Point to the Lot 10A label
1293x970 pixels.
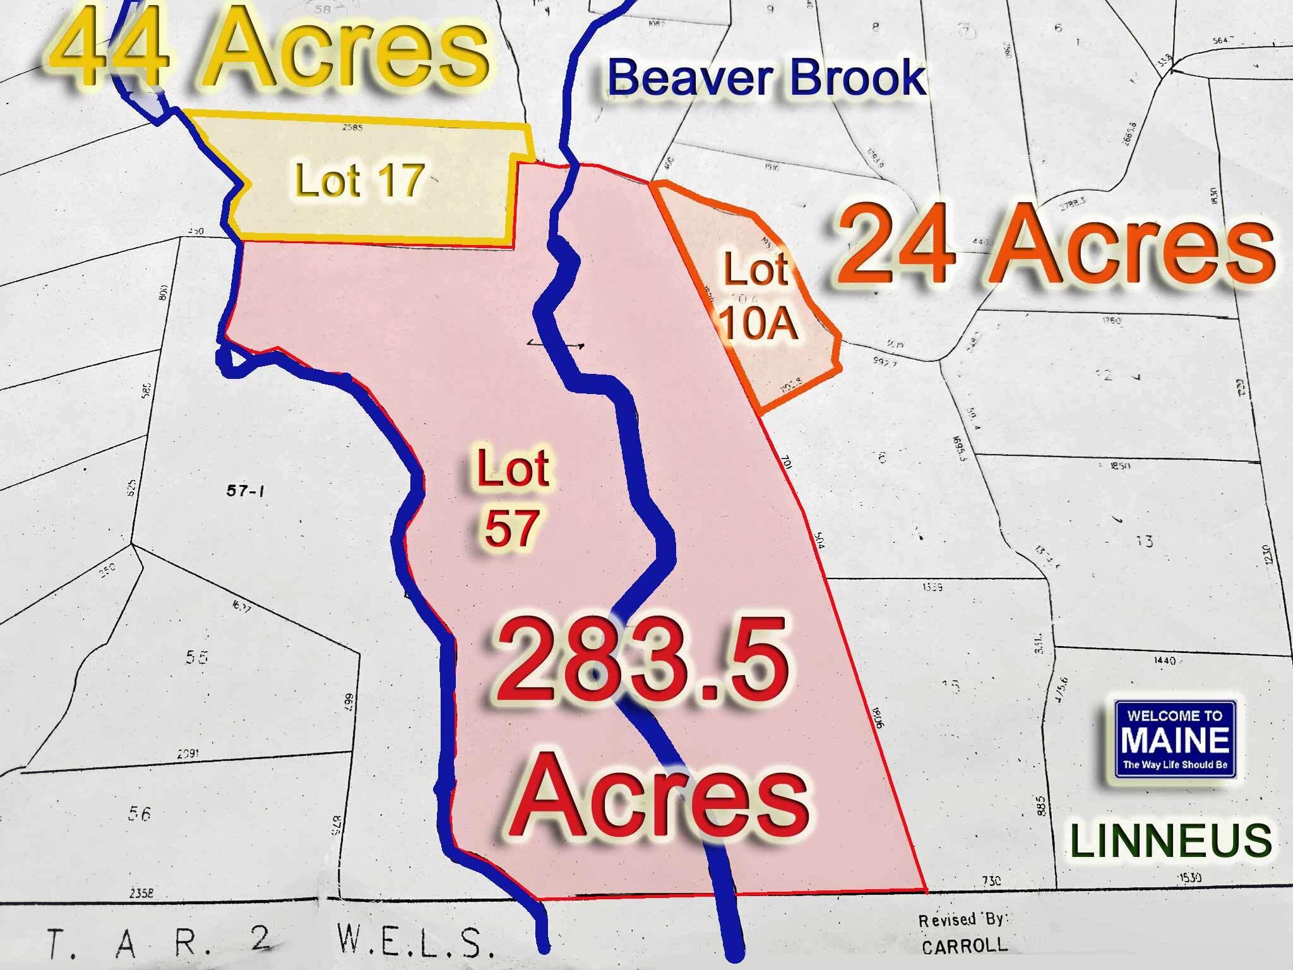[x=758, y=297]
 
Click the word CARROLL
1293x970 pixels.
[x=964, y=947]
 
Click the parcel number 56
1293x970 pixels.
[x=139, y=814]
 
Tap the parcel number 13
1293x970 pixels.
[x=1144, y=541]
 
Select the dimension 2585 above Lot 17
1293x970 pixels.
[x=352, y=128]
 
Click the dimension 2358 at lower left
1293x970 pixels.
[x=141, y=894]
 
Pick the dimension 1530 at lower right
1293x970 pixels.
[x=1189, y=878]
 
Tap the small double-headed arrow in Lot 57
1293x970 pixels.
[x=555, y=344]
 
